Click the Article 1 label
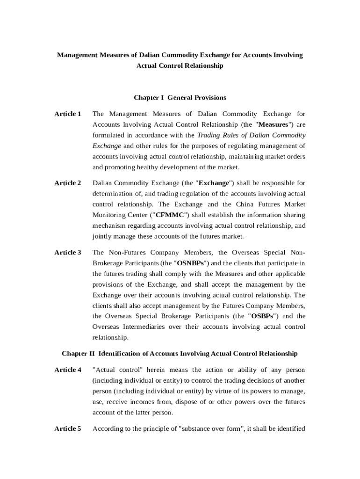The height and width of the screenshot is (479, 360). (68, 114)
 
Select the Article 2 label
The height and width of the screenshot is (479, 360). (68, 183)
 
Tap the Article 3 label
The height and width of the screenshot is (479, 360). (68, 253)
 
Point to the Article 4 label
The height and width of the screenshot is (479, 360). (68, 370)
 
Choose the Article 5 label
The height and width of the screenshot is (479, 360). (68, 428)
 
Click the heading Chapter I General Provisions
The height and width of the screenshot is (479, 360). (180, 98)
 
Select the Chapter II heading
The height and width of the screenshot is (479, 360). (180, 353)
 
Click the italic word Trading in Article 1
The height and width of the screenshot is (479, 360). (209, 136)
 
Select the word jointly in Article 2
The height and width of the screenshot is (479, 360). (103, 237)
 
